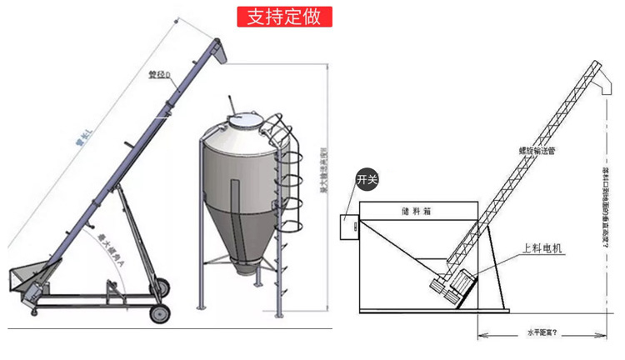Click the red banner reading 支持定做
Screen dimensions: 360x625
[284, 17]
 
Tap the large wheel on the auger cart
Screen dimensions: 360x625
[158, 313]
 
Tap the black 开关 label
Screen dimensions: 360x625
[367, 179]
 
